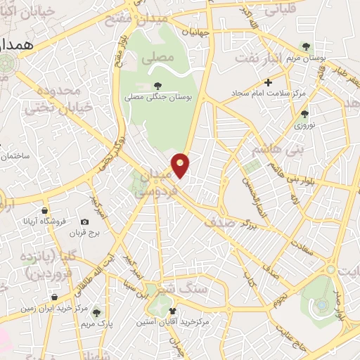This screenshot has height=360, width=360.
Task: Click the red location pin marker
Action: (x=181, y=165)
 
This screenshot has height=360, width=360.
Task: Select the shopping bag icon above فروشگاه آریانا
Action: (x=45, y=210)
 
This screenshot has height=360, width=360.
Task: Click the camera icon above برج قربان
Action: (x=85, y=222)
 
